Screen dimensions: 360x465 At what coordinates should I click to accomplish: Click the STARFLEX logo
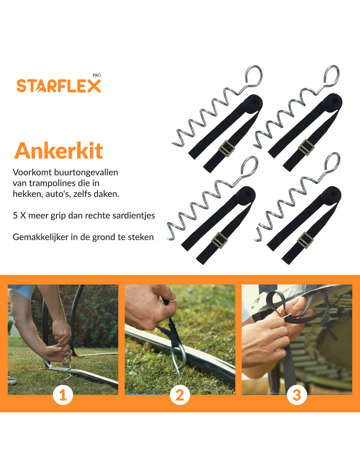(x=59, y=86)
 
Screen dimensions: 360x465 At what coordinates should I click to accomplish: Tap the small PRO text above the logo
(x=97, y=75)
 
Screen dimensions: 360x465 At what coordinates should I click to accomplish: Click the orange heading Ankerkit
(x=59, y=151)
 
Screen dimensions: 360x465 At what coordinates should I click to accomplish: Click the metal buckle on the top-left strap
(x=226, y=149)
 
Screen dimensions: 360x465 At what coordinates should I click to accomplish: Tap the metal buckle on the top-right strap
(x=306, y=147)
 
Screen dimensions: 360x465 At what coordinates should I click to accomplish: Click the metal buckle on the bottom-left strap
(x=220, y=240)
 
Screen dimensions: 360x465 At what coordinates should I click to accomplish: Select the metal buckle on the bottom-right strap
(x=305, y=240)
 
